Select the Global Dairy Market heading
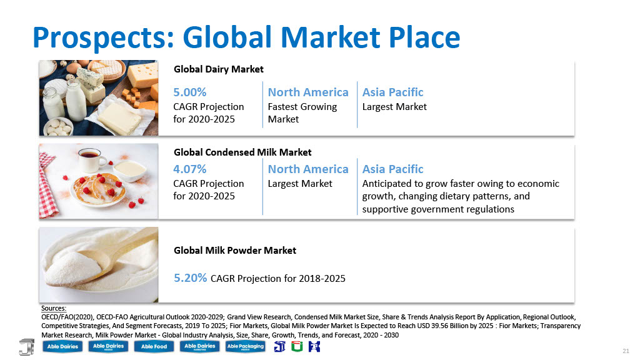tap(218, 69)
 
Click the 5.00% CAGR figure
tap(190, 92)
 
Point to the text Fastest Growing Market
tap(302, 112)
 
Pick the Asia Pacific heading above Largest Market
tap(392, 92)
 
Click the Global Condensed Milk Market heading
tap(242, 152)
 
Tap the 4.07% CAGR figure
tap(190, 169)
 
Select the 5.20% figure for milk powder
tap(190, 278)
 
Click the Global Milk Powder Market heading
tap(235, 250)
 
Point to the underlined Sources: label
tap(54, 308)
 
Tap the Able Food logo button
tap(154, 346)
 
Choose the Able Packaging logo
tap(245, 346)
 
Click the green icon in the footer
tap(297, 346)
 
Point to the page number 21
tap(626, 351)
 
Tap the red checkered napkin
tap(47, 186)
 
